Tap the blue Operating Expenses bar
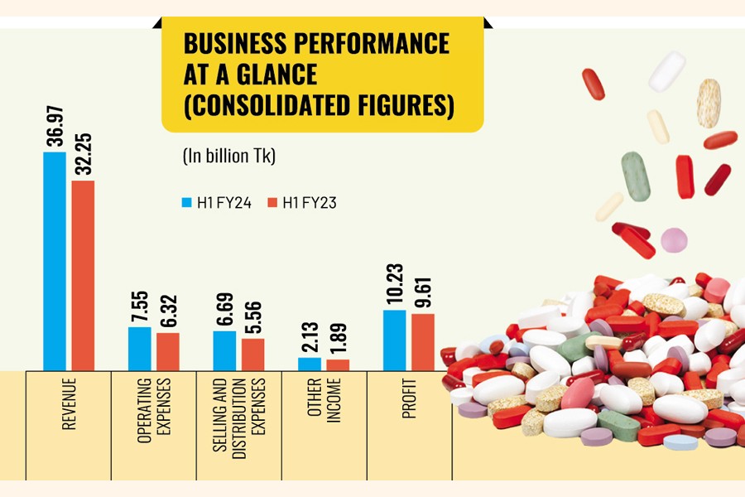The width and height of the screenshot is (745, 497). pyautogui.click(x=139, y=348)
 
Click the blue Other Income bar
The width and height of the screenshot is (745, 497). pyautogui.click(x=309, y=364)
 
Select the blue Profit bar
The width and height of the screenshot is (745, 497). pyautogui.click(x=394, y=340)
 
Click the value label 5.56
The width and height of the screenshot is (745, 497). pyautogui.click(x=253, y=312)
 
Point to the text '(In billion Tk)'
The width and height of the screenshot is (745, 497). pyautogui.click(x=228, y=155)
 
